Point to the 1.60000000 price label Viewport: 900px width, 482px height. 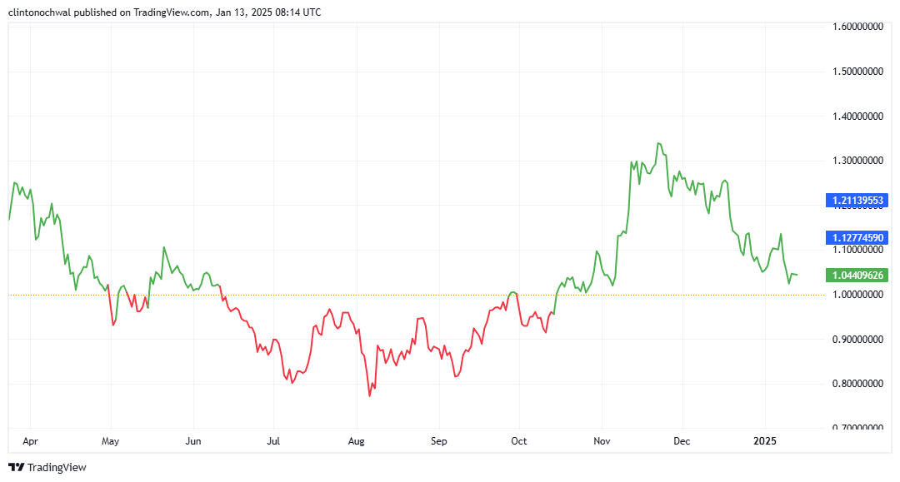coord(857,27)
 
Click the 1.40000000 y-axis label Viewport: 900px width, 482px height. coord(857,117)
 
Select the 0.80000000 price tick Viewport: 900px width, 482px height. coord(857,384)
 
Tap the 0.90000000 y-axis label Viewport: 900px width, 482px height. coord(857,340)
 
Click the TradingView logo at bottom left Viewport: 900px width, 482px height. coord(47,467)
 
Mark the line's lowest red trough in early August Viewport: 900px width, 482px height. coord(369,395)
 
